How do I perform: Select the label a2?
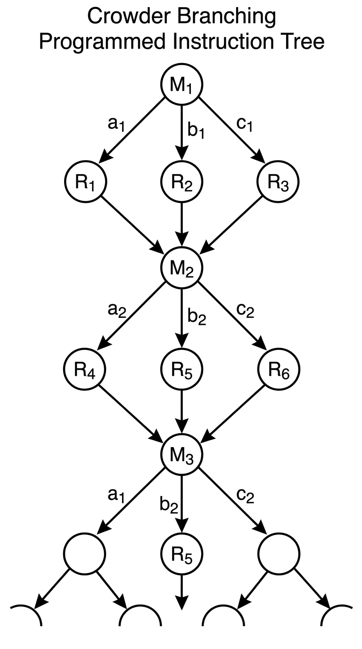117,312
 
